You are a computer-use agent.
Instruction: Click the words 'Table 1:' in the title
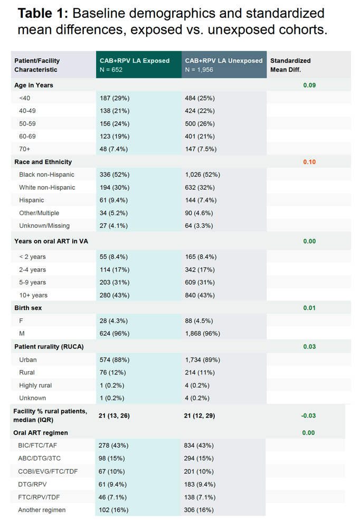[x=43, y=14]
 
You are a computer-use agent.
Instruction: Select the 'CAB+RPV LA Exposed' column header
[x=135, y=61]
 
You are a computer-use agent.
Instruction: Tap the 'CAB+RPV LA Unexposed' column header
[x=224, y=61]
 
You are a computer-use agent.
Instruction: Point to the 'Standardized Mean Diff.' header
[x=290, y=65]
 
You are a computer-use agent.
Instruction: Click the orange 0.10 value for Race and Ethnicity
[x=309, y=162]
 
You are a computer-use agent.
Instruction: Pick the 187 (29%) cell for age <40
[x=115, y=98]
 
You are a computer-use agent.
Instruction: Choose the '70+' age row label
[x=25, y=149]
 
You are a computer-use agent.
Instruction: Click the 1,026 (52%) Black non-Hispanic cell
[x=202, y=175]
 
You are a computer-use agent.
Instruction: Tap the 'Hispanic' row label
[x=32, y=200]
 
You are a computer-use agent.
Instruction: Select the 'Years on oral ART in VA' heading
[x=51, y=242]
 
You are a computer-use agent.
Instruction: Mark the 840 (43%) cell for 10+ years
[x=200, y=295]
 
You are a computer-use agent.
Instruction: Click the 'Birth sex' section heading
[x=28, y=308]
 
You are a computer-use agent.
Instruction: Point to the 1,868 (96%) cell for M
[x=202, y=334]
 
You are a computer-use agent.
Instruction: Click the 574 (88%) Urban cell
[x=115, y=360]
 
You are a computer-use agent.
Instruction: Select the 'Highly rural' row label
[x=35, y=386]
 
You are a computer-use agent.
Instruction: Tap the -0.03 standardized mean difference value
[x=308, y=416]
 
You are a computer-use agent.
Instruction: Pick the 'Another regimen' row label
[x=42, y=510]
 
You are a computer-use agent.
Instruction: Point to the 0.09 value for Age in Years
[x=309, y=85]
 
